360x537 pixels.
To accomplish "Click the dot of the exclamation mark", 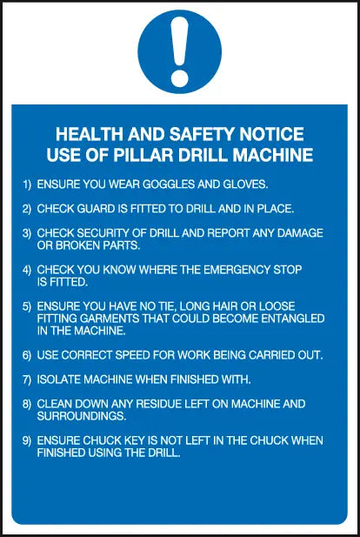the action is (x=180, y=78).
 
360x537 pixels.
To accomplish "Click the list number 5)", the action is (x=27, y=306).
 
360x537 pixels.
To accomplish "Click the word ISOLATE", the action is (x=59, y=379).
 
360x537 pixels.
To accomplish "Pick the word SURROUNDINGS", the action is (x=82, y=416).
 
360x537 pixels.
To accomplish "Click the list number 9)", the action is (x=27, y=440).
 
